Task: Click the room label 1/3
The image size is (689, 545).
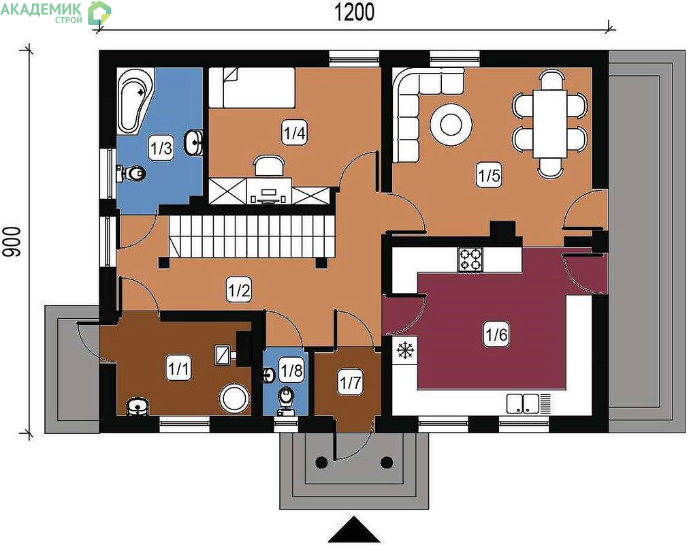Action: (161, 148)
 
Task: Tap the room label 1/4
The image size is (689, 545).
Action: (294, 132)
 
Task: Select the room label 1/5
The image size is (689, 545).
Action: (489, 175)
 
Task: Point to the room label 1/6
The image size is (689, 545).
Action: (496, 334)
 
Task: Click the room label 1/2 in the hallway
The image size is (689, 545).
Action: (238, 290)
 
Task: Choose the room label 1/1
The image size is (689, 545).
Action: (178, 368)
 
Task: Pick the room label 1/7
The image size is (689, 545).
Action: (350, 383)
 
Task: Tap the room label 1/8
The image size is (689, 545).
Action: (292, 371)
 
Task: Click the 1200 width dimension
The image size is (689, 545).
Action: (355, 12)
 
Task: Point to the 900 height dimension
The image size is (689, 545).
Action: (12, 242)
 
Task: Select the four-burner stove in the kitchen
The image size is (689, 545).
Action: (470, 260)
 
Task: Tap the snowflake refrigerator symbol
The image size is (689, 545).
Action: (405, 350)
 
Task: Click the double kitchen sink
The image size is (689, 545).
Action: (523, 403)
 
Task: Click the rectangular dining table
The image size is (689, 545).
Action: (549, 124)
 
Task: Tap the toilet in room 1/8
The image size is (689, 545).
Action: (287, 401)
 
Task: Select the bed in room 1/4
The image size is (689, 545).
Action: (251, 87)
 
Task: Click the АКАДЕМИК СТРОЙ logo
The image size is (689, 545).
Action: (56, 13)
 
